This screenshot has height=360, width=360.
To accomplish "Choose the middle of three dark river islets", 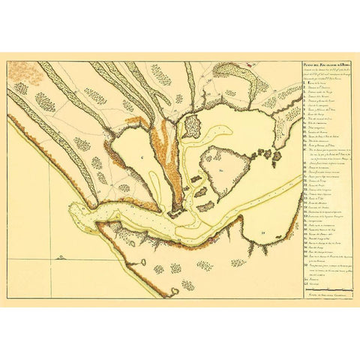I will pos(197,180).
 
